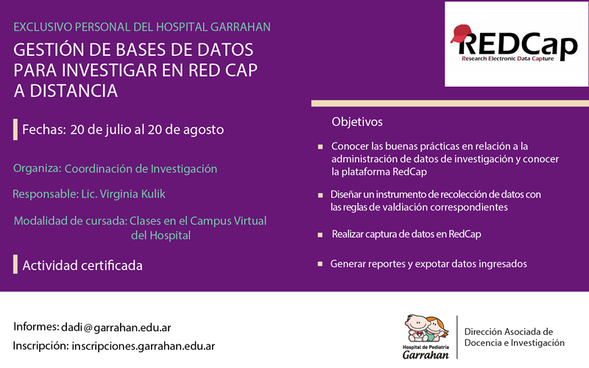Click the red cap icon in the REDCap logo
click(461, 33)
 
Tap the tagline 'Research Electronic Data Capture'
click(508, 59)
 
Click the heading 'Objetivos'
click(357, 121)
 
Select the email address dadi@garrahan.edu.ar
click(116, 328)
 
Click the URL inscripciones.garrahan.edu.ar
click(143, 346)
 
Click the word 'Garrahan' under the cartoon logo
click(426, 355)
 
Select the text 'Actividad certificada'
click(82, 266)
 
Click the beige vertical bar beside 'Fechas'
click(15, 130)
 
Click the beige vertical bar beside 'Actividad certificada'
click(15, 264)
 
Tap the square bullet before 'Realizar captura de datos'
click(320, 235)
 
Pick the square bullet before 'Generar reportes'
click(320, 264)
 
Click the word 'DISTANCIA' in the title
click(74, 91)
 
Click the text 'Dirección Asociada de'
click(509, 332)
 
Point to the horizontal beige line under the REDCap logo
click(450, 104)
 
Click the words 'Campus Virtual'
click(228, 221)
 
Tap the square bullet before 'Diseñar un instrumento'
click(320, 195)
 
